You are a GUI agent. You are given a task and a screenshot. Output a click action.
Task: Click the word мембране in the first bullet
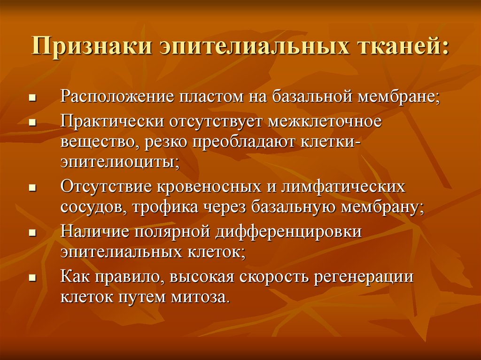[x=399, y=96]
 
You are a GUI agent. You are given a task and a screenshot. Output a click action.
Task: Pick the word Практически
[x=112, y=122]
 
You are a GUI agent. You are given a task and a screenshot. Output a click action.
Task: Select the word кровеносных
[x=209, y=187]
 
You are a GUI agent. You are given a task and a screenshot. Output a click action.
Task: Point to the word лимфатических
[x=343, y=186]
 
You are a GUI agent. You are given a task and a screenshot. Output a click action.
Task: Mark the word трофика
[x=165, y=207]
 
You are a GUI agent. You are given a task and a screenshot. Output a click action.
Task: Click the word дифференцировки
[x=288, y=232]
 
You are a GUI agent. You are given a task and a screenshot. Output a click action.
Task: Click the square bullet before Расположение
[x=32, y=99]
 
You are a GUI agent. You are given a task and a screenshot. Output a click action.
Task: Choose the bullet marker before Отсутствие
[x=32, y=188]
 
